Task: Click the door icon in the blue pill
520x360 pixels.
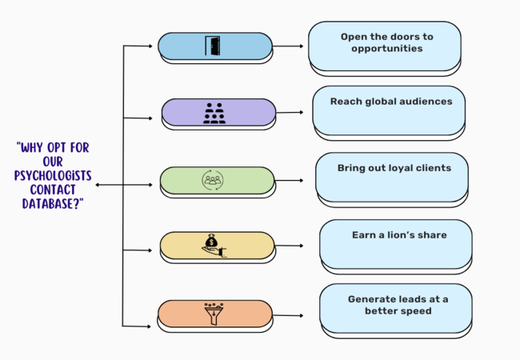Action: pyautogui.click(x=214, y=46)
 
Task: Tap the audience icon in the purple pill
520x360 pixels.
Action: pyautogui.click(x=214, y=112)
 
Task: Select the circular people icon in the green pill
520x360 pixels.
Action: pyautogui.click(x=213, y=180)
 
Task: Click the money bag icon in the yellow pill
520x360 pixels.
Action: pyautogui.click(x=214, y=244)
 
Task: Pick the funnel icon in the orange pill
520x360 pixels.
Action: pyautogui.click(x=215, y=312)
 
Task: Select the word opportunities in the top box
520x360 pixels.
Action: pyautogui.click(x=386, y=49)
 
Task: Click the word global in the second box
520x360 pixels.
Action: pyautogui.click(x=390, y=102)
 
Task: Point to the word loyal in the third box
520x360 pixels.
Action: pyautogui.click(x=402, y=168)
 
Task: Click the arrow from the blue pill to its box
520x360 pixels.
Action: pyautogui.click(x=289, y=46)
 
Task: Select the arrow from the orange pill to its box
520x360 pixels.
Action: pyautogui.click(x=288, y=315)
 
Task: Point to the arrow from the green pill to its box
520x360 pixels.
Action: pyautogui.click(x=289, y=180)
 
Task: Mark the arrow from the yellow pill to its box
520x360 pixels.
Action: pyautogui.click(x=289, y=246)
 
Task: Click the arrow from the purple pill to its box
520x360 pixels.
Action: pyautogui.click(x=290, y=112)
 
